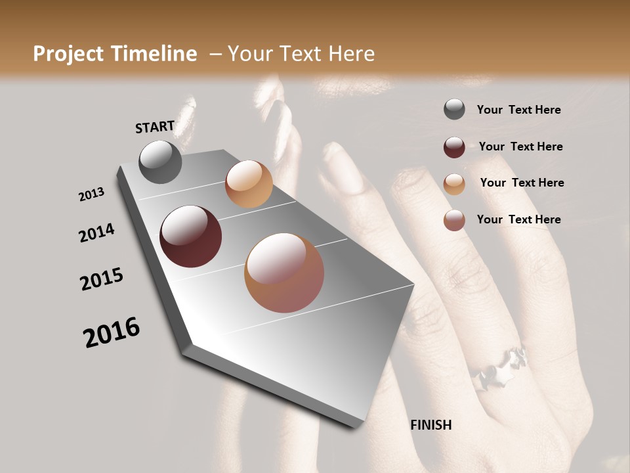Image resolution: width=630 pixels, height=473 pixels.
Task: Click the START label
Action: (155, 127)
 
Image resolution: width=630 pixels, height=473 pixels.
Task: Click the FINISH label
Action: (431, 425)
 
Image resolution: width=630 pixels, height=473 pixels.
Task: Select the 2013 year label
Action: (91, 194)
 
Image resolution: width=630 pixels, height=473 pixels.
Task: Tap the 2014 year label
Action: (96, 233)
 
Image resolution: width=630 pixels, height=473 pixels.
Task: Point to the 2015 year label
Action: (102, 279)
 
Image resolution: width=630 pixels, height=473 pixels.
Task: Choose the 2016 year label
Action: (112, 332)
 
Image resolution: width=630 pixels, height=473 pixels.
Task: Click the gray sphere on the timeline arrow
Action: (160, 162)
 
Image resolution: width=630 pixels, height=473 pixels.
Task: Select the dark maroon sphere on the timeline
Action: (191, 236)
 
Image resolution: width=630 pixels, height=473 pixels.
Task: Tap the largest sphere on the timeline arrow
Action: (284, 273)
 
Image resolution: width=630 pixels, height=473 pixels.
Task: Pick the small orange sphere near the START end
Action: (249, 184)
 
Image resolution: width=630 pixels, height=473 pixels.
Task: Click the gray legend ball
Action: (454, 110)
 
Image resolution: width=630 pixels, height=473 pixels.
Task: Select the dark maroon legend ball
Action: (454, 146)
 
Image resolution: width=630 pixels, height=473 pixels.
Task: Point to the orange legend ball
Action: (454, 183)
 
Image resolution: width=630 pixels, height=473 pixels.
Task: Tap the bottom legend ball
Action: (454, 220)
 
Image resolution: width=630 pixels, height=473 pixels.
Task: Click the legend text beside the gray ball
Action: (518, 110)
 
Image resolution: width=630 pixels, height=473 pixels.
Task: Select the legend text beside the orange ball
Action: (522, 183)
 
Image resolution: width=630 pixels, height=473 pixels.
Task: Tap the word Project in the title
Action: (68, 54)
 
